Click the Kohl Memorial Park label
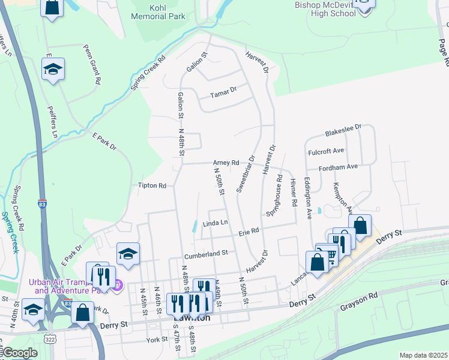tap(158, 12)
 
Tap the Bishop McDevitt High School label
tap(326, 8)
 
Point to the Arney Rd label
tap(226, 163)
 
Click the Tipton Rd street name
tap(152, 186)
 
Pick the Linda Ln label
tap(215, 223)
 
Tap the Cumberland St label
tap(206, 253)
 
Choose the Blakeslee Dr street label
tap(343, 130)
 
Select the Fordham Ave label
tap(338, 167)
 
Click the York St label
tap(155, 340)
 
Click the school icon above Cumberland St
tap(128, 254)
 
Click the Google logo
tap(20, 352)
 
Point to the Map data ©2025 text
tap(423, 355)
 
